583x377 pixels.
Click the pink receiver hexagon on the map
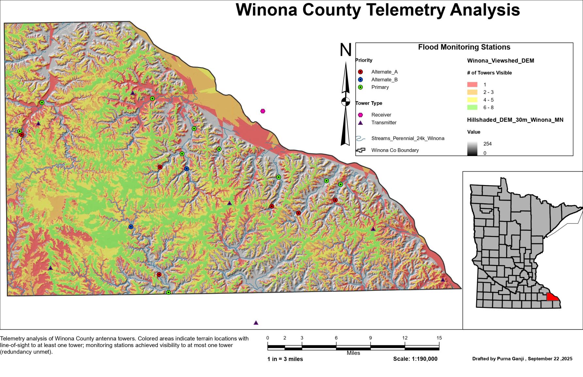tap(263, 111)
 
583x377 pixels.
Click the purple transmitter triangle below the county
tap(256, 323)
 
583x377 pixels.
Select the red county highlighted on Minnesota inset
tap(552, 297)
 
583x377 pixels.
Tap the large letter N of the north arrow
tap(346, 50)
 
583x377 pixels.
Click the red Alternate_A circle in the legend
tap(360, 72)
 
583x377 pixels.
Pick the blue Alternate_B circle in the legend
tap(360, 80)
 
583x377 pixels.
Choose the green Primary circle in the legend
tap(360, 87)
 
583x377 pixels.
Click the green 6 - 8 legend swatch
tap(472, 107)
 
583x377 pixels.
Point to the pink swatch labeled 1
tap(472, 85)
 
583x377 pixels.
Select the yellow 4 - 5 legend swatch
tap(472, 100)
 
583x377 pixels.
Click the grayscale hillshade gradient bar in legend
tap(472, 148)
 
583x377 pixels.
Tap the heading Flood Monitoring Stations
tap(464, 47)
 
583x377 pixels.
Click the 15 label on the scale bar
tap(439, 338)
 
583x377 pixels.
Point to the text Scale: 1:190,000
tap(415, 359)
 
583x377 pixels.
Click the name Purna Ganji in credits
tap(510, 359)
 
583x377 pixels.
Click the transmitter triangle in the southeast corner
tap(443, 280)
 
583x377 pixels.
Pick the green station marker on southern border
tap(169, 292)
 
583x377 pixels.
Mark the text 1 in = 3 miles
tap(285, 359)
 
